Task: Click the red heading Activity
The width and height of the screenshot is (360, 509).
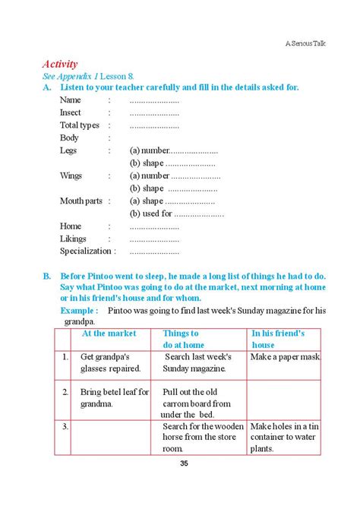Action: click(63, 64)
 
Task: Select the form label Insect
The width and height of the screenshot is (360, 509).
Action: click(71, 112)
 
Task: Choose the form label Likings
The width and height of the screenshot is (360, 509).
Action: click(74, 238)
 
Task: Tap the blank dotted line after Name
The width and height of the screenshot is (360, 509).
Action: click(154, 100)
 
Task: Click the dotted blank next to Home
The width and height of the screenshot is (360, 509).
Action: click(154, 226)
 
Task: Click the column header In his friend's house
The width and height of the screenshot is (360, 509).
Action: click(278, 338)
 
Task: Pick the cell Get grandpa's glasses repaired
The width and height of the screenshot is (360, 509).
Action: click(111, 362)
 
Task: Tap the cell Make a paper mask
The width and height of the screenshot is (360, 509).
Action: click(286, 356)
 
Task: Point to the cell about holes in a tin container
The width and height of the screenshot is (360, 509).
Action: click(286, 437)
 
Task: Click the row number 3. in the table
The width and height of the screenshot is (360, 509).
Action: click(66, 426)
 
